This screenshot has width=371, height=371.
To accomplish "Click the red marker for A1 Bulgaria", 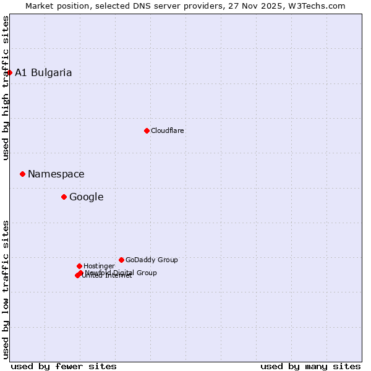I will click(9, 72).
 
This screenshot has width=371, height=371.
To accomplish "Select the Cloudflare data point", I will click(147, 130).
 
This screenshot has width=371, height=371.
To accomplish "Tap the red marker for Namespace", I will click(22, 174).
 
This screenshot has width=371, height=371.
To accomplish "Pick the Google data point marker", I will click(64, 197).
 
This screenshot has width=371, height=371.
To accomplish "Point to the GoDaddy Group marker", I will click(121, 260).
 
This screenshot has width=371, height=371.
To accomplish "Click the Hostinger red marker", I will click(79, 266).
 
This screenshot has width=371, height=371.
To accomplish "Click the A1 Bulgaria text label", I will click(43, 72).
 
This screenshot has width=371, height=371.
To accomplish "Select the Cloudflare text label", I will click(167, 130).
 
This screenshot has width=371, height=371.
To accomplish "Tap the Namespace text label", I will click(56, 174).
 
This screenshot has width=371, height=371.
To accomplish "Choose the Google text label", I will click(86, 197).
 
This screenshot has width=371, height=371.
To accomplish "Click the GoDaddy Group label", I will click(151, 260).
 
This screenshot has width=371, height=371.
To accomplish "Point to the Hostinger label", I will click(99, 266).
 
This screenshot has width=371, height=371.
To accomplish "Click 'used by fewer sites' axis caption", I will click(64, 366).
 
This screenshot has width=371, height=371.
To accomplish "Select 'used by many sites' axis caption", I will click(310, 366).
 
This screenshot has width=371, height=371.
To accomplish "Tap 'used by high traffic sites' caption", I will click(6, 88).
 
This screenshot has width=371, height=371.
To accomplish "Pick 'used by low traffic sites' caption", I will click(6, 289).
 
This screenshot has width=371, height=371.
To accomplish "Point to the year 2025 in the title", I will click(273, 6).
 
